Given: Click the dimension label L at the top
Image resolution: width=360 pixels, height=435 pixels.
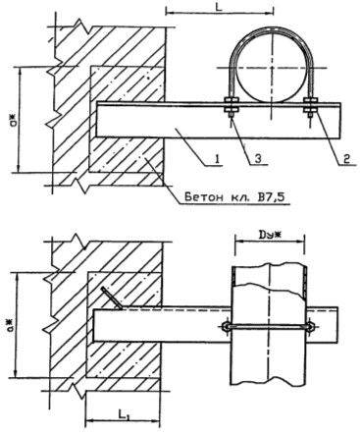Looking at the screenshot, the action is pos(219,7).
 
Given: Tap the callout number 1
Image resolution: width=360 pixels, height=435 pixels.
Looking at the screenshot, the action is pos(217,159).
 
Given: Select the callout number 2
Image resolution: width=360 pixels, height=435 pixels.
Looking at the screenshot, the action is pos(346,159).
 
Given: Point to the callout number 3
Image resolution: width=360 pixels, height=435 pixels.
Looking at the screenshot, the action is pos(258,159).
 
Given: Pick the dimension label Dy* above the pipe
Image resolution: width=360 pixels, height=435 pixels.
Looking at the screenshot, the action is pos(269,235).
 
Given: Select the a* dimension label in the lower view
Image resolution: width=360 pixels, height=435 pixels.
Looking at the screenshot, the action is pos(11,325).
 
